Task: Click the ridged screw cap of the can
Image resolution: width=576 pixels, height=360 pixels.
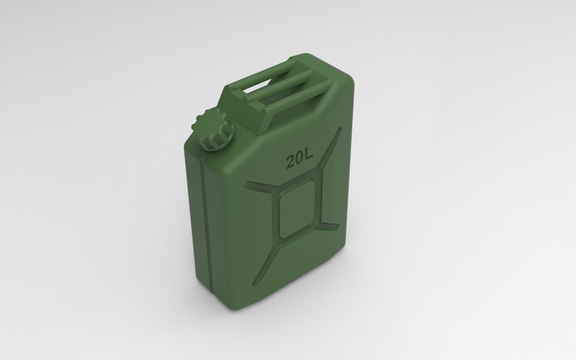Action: [211, 128]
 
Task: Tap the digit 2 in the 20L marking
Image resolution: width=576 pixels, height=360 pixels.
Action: [290, 159]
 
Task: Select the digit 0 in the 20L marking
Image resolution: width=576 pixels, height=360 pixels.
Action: [300, 157]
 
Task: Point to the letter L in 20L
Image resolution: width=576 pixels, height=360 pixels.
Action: [309, 156]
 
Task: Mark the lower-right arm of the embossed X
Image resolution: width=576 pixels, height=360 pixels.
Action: [332, 223]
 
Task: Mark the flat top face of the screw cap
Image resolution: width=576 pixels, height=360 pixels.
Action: [210, 121]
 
